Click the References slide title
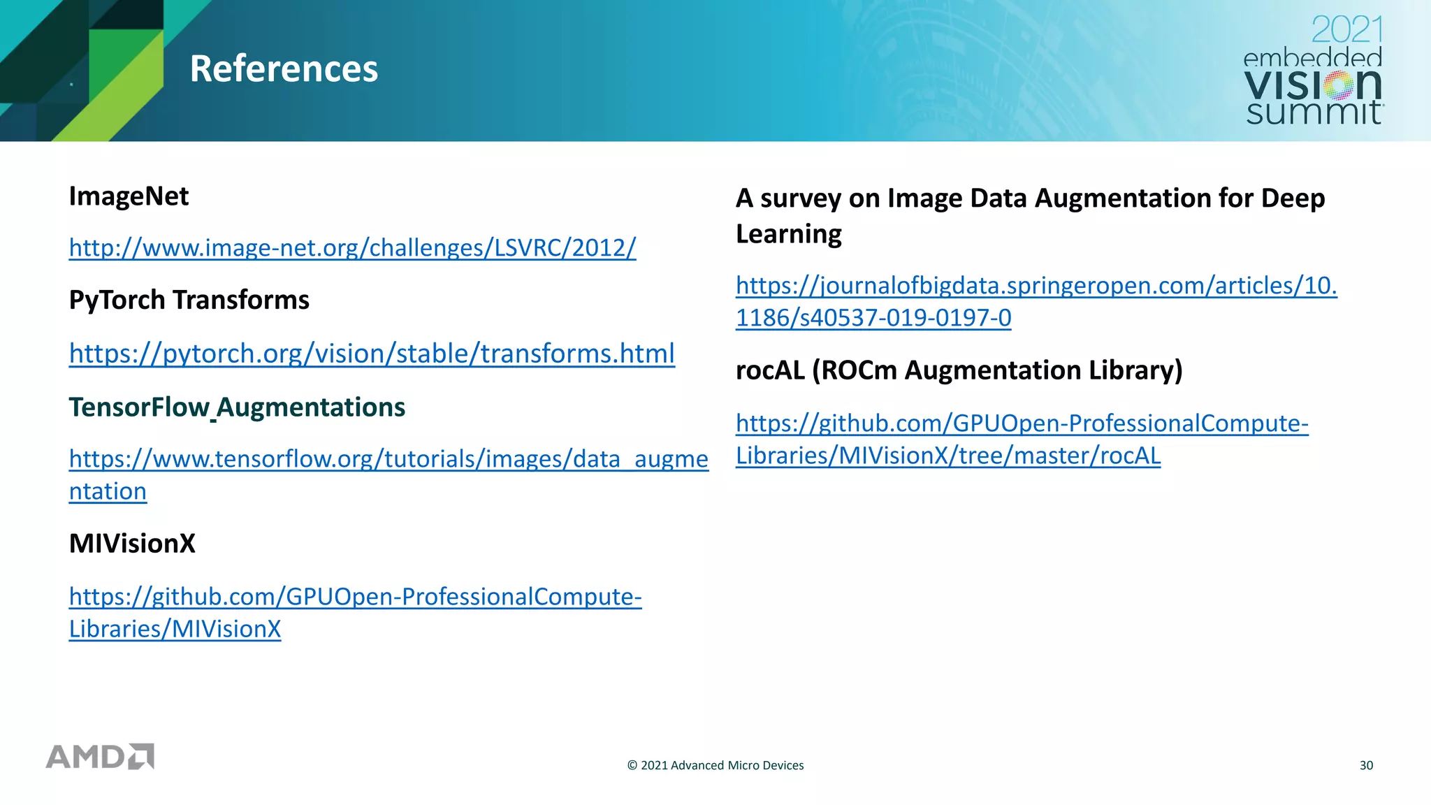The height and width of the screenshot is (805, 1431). [x=284, y=68]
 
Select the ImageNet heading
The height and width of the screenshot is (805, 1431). [x=129, y=196]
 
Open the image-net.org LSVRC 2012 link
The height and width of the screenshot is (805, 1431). [x=352, y=247]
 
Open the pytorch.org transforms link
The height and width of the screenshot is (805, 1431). [x=372, y=354]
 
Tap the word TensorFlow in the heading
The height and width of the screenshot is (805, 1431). [x=138, y=407]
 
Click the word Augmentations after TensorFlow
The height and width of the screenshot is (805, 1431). [x=311, y=407]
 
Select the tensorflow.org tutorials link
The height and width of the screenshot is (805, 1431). [x=388, y=459]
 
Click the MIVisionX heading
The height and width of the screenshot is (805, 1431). [x=132, y=543]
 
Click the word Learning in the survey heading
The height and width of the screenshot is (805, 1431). [x=788, y=233]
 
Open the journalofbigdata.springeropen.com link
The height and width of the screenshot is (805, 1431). [x=1036, y=286]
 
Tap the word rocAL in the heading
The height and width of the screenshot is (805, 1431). [x=770, y=370]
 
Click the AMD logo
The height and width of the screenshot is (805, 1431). [x=100, y=756]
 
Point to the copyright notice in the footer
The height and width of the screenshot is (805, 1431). [x=715, y=765]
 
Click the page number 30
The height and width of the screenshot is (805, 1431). [x=1366, y=765]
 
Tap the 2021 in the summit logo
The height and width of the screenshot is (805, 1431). [x=1346, y=30]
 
